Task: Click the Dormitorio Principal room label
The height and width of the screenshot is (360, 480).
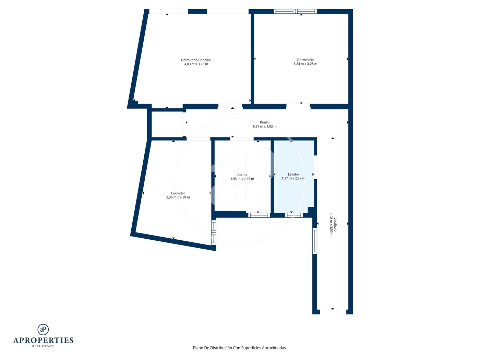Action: [196, 60]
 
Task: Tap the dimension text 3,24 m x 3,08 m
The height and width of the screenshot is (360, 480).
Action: [305, 64]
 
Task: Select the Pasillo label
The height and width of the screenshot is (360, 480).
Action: [265, 122]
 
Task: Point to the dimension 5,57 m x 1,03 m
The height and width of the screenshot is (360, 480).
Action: [265, 126]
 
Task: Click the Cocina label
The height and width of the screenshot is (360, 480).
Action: [242, 175]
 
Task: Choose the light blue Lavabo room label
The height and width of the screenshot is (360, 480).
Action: [293, 174]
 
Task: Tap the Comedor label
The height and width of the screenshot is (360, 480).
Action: [178, 193]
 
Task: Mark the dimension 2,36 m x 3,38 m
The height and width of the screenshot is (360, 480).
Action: [178, 197]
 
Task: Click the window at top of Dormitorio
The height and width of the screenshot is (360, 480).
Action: [295, 11]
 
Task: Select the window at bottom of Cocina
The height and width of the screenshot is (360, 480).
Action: [259, 215]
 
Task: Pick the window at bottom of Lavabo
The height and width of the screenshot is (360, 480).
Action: [294, 215]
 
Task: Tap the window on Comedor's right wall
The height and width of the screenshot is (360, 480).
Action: [214, 232]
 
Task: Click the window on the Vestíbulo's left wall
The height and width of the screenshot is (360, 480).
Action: [314, 241]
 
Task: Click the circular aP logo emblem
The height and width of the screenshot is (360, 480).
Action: [43, 329]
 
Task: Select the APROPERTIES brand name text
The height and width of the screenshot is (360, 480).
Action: [43, 340]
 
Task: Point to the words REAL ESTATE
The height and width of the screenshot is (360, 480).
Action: [43, 346]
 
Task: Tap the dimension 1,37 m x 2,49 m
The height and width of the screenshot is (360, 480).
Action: [293, 178]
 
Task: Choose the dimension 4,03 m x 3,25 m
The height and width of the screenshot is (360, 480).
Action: [196, 64]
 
